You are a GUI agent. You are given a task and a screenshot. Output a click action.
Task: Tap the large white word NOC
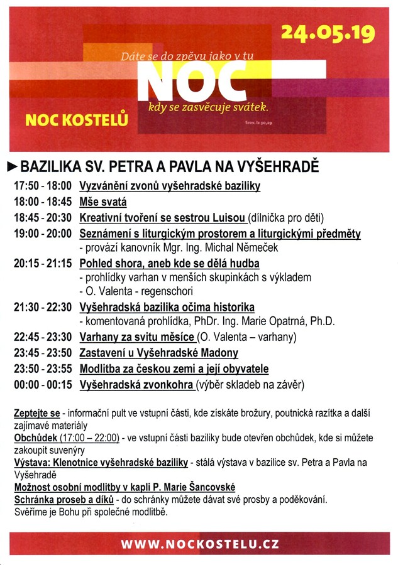point(186,80)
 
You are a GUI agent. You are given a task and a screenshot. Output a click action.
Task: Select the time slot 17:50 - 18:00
point(42,186)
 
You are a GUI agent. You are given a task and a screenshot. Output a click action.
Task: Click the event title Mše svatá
point(102,202)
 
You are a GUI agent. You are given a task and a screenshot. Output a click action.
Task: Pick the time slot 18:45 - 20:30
point(42,218)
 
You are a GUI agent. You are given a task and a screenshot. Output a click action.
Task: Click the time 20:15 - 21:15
point(42,264)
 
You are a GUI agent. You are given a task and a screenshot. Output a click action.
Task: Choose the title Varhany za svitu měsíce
point(137,337)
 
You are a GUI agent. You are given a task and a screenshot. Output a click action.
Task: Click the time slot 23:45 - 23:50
point(42,353)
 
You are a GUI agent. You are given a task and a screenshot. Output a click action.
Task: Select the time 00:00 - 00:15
point(42,384)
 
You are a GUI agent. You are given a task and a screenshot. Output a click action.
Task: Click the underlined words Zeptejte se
point(37,414)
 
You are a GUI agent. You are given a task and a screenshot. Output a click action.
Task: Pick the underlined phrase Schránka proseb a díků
point(64,500)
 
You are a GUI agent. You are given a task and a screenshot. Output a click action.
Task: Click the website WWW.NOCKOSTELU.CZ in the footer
point(199,544)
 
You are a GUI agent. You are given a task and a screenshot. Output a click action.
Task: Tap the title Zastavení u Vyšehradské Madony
point(158,353)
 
